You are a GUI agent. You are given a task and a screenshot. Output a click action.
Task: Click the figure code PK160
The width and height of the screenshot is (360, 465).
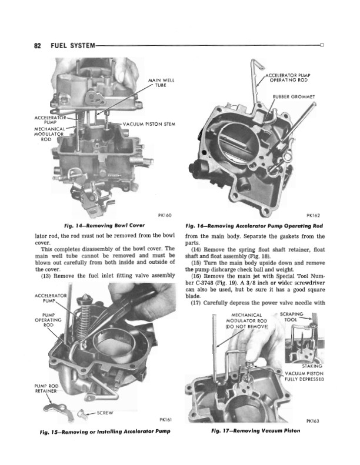(164, 215)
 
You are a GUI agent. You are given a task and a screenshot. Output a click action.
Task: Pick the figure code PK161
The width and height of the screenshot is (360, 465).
(164, 420)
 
